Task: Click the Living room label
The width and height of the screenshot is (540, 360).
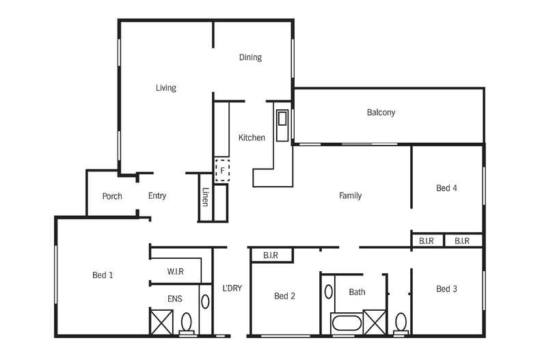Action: (165, 87)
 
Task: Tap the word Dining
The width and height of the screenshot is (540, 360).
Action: (250, 57)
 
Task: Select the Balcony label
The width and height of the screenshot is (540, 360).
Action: (381, 113)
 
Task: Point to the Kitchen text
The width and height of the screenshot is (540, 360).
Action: (252, 138)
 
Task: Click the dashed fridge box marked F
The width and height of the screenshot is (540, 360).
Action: (221, 169)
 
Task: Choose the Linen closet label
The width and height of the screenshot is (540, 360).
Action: (205, 197)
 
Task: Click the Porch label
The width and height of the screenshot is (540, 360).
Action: (112, 196)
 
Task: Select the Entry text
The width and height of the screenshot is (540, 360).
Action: (157, 196)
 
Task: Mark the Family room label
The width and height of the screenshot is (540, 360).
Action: (350, 196)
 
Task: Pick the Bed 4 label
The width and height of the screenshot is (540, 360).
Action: (446, 188)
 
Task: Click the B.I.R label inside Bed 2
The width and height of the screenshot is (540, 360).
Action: (270, 255)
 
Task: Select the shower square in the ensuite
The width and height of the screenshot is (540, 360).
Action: (161, 322)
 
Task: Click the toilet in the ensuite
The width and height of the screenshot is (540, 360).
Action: (187, 323)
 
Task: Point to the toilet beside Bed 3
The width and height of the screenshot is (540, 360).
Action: (401, 322)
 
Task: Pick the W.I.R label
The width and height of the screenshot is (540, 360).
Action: (175, 272)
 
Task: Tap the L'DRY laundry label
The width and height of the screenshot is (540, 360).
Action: (232, 288)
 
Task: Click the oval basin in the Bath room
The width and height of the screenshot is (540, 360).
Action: (329, 291)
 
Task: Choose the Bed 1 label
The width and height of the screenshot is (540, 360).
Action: (103, 275)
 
